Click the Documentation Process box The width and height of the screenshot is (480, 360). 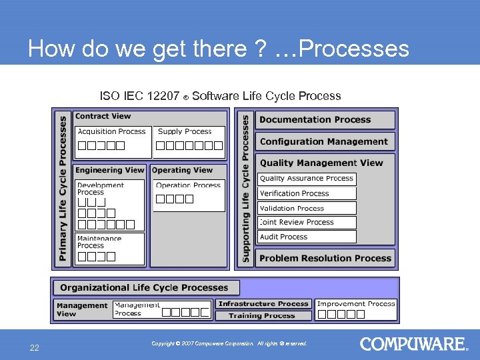(325, 120)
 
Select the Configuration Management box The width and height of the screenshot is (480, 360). (325, 141)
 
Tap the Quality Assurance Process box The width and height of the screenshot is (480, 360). (307, 179)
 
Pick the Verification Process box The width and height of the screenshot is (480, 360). (307, 193)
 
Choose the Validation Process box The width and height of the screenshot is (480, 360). (307, 208)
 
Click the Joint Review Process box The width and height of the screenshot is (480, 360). (307, 222)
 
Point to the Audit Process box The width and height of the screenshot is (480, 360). (307, 237)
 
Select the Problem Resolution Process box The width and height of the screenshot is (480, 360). (325, 258)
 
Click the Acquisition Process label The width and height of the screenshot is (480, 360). (111, 132)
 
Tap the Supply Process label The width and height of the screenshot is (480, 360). (185, 132)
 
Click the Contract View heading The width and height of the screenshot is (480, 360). (103, 116)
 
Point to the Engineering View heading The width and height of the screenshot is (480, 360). (109, 170)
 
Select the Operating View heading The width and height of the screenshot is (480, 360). (182, 170)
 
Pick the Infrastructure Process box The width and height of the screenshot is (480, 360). (263, 304)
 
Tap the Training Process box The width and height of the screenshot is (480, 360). (262, 315)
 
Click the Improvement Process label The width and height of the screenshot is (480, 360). (357, 304)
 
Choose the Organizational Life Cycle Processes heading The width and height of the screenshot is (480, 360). (144, 287)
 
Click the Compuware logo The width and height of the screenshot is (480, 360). (413, 344)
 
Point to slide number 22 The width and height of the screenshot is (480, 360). (33, 347)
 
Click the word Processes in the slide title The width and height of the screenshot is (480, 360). (355, 49)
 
